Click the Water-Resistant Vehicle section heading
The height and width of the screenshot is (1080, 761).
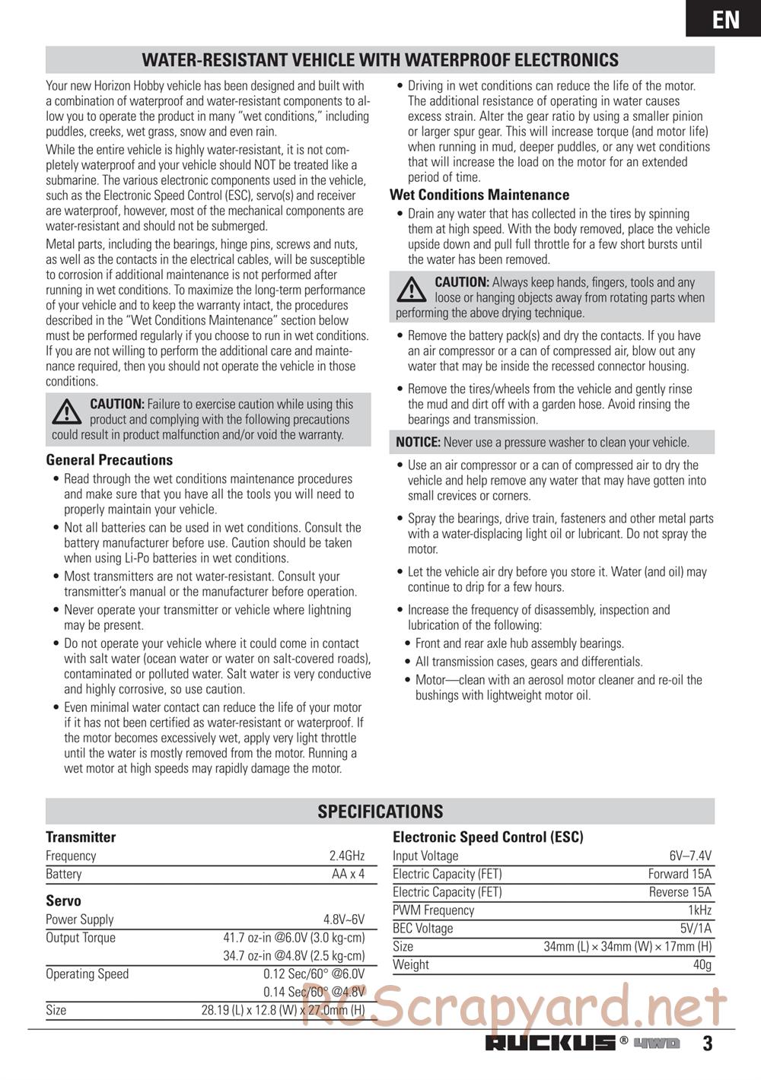click(380, 60)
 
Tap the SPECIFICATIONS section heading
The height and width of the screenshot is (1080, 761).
click(380, 812)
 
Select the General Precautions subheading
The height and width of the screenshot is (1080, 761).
click(110, 460)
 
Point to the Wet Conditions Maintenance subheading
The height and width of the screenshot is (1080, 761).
click(479, 195)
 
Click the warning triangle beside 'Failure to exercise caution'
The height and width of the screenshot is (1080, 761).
click(67, 411)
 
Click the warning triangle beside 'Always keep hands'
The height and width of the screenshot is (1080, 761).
click(412, 290)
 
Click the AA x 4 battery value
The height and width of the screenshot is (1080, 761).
click(349, 874)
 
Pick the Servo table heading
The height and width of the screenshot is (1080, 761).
click(63, 901)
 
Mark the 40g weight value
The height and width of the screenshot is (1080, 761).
click(702, 965)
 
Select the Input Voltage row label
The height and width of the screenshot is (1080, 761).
click(425, 856)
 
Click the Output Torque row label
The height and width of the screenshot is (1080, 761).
click(81, 938)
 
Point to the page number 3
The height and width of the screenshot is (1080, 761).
click(708, 1043)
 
